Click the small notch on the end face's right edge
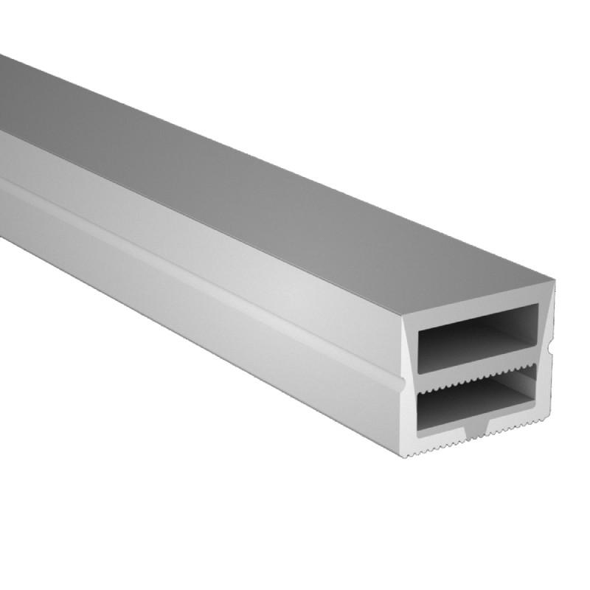[552, 344]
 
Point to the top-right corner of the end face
[554, 276]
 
